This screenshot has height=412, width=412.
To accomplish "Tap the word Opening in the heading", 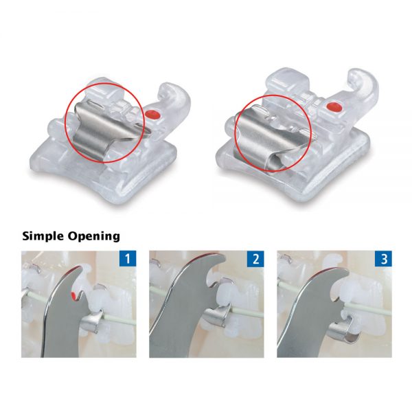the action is (94, 236).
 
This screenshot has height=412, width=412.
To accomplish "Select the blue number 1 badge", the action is (128, 259).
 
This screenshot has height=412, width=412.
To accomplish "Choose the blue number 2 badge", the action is (255, 259).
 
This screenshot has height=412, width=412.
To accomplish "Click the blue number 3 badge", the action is (383, 259).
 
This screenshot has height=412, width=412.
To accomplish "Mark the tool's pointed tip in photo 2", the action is (225, 258).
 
